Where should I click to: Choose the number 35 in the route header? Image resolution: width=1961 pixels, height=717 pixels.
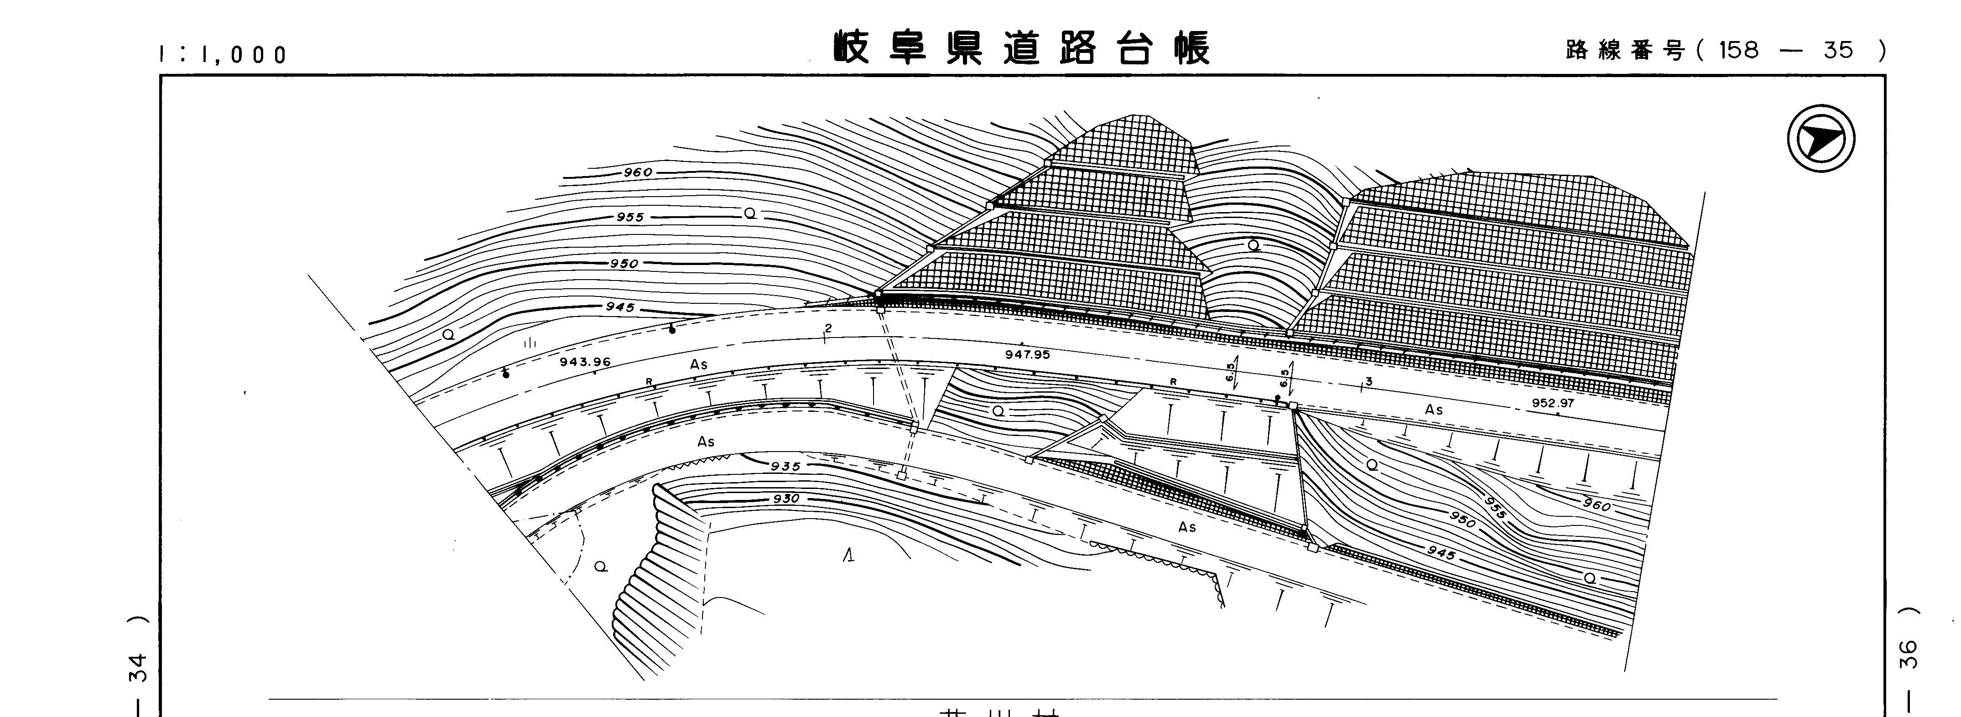(x=1838, y=50)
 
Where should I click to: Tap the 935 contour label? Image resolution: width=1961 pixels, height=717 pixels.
(x=785, y=466)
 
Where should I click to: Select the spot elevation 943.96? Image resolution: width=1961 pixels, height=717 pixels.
(x=585, y=362)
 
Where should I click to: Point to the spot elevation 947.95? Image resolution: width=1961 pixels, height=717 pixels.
(x=1027, y=354)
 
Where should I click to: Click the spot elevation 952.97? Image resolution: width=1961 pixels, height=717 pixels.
(x=1552, y=403)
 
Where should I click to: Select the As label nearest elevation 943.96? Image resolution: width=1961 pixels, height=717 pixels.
(x=698, y=364)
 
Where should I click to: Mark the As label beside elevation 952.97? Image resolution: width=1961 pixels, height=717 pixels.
(x=1433, y=410)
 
